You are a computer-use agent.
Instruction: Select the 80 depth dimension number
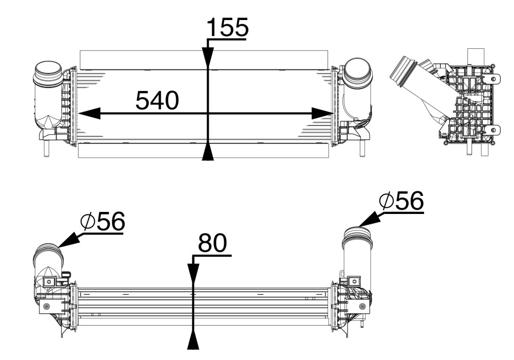212,244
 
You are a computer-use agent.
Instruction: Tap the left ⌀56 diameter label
103,222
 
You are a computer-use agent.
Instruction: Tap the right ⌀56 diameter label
401,202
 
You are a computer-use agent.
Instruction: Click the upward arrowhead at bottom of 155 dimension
208,152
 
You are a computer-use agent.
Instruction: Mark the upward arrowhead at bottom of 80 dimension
193,340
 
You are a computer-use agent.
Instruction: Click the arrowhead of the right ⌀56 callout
368,220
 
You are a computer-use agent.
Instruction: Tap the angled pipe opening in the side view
401,72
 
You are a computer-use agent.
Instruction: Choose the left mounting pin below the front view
46,148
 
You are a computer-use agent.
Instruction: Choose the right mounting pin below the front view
362,149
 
